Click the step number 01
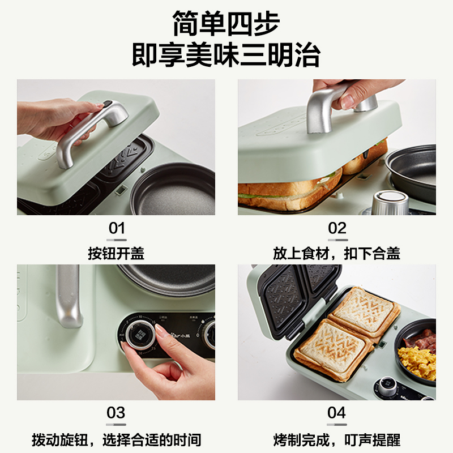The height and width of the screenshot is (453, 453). click(117, 228)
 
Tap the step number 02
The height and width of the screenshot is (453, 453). click(337, 228)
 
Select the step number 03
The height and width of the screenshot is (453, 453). click(116, 413)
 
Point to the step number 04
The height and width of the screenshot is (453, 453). click(336, 413)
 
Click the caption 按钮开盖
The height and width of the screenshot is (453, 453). click(116, 253)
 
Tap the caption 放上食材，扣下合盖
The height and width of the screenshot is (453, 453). click(336, 253)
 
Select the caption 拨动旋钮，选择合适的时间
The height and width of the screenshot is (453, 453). click(116, 440)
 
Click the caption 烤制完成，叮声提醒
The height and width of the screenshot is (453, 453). click(336, 440)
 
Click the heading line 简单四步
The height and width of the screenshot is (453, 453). click(226, 23)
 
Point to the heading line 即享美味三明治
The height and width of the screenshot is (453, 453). click(226, 55)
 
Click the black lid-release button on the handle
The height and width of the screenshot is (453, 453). click(108, 104)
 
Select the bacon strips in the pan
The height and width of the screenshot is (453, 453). click(421, 340)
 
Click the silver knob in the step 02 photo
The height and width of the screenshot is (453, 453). click(390, 202)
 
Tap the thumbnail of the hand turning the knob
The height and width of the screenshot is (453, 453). click(116, 332)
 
